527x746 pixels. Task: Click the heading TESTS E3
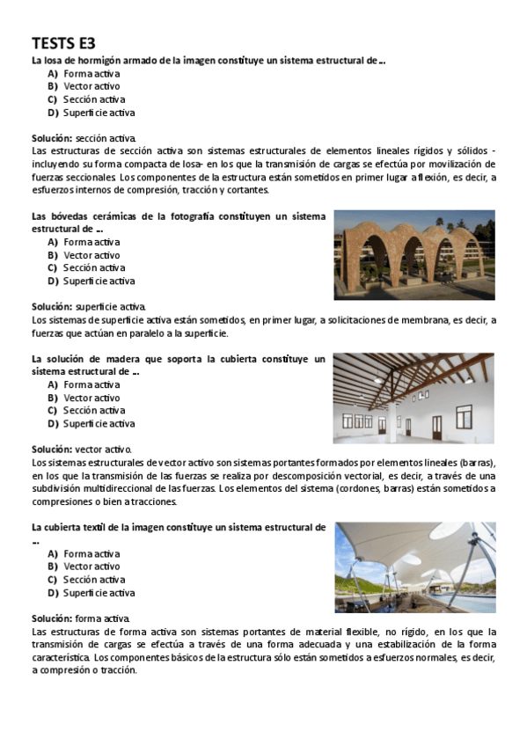63,43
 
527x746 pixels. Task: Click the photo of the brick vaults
414,254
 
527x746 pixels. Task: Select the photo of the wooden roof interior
414,398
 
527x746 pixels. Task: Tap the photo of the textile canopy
414,567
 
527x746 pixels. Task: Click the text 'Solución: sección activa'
84,138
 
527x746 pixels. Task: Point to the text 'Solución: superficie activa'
89,306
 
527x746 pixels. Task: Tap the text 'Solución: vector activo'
82,449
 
